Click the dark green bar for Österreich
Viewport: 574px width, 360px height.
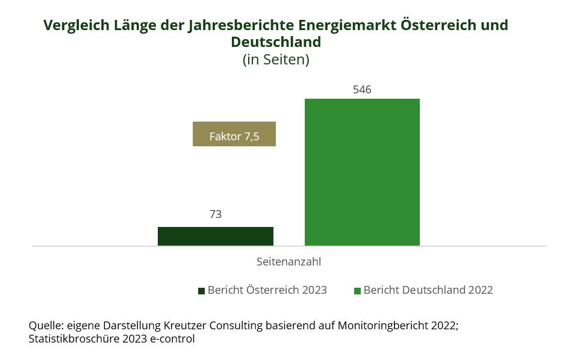click(x=216, y=236)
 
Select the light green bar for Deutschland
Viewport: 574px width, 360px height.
click(x=362, y=172)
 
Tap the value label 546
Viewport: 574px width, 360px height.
click(x=362, y=90)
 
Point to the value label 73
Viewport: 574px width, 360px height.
click(x=216, y=214)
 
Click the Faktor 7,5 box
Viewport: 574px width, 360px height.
click(x=234, y=134)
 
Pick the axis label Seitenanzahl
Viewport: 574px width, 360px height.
click(x=289, y=262)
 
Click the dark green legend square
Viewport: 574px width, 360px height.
click(x=201, y=291)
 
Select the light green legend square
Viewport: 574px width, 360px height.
click(x=357, y=291)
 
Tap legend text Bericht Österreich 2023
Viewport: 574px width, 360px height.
click(x=267, y=290)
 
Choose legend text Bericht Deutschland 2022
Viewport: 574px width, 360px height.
click(x=428, y=290)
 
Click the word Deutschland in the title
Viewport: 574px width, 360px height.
click(x=276, y=43)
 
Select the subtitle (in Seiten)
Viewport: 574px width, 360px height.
click(x=276, y=60)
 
